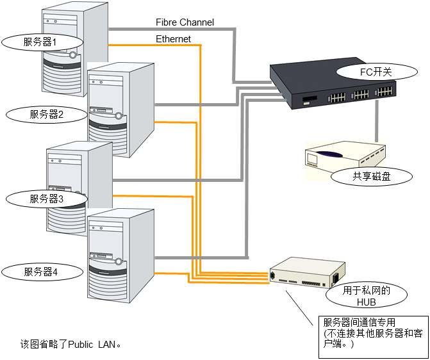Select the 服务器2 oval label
46,115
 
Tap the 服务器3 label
46,199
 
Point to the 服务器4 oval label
42,272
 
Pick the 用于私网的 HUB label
366,296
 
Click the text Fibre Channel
185,22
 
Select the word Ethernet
173,39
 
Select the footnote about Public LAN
70,344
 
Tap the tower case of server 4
122,256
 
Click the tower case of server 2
122,109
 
